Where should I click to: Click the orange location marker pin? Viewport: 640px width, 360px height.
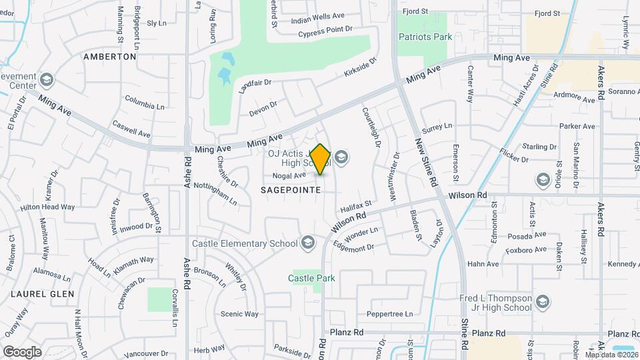click(x=321, y=159)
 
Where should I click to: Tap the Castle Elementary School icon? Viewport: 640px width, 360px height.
click(x=307, y=243)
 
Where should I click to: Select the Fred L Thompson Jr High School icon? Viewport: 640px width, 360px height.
click(x=542, y=301)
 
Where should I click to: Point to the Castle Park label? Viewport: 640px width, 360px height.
click(x=311, y=277)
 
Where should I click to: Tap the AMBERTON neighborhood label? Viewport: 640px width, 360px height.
click(x=110, y=57)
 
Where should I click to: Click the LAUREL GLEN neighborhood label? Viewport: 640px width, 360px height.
click(x=37, y=293)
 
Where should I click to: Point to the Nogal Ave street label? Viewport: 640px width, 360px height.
click(x=289, y=176)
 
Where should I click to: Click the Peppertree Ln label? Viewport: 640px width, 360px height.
click(x=390, y=314)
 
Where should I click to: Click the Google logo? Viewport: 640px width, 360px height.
click(x=22, y=351)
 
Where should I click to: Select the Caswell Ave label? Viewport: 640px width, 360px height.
click(x=131, y=128)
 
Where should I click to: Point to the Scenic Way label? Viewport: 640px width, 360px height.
click(x=239, y=314)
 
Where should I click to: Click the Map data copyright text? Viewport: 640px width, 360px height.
click(x=611, y=355)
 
